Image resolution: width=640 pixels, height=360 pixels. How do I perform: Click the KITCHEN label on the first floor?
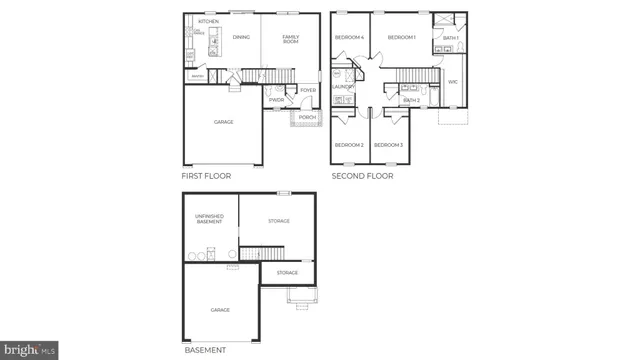tap(208, 21)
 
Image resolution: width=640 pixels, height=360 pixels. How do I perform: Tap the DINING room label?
tap(241, 38)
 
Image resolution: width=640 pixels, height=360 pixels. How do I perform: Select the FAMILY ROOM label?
tap(291, 40)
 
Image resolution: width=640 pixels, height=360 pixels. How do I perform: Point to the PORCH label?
tap(307, 117)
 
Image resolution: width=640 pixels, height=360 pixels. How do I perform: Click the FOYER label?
tap(308, 90)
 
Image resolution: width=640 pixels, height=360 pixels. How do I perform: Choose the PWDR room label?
tap(277, 100)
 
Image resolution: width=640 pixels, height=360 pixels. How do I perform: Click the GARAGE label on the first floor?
tap(223, 122)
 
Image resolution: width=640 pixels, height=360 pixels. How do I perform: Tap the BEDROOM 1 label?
tap(401, 38)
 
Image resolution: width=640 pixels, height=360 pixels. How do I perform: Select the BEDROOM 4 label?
tap(349, 38)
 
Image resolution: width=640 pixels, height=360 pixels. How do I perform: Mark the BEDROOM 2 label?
tap(349, 145)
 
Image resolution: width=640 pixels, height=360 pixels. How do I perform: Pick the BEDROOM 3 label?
tap(389, 145)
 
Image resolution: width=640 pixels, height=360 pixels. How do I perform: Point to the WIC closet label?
tap(453, 82)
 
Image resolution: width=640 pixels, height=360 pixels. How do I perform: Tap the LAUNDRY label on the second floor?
tap(344, 87)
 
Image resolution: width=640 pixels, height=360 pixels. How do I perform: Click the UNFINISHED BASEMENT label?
tap(209, 219)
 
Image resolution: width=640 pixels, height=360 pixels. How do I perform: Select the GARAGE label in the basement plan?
tap(220, 310)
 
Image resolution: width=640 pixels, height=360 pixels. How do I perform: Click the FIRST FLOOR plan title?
tap(206, 176)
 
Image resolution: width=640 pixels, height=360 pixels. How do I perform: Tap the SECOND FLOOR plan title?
tap(362, 176)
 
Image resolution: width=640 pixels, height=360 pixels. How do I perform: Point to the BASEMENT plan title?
tap(205, 350)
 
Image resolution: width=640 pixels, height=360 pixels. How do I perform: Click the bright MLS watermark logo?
tap(29, 350)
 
